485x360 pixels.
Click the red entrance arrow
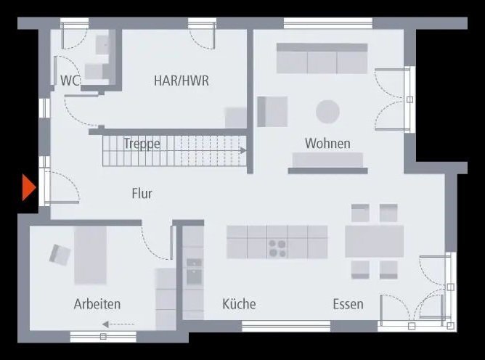tap(28, 188)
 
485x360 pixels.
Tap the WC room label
tap(70, 80)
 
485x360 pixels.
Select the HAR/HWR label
tap(181, 81)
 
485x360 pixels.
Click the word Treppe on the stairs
tap(142, 144)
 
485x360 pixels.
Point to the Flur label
tap(142, 193)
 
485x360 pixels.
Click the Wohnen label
tap(327, 144)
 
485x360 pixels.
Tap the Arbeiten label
tap(97, 304)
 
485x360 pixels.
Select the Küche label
tap(239, 304)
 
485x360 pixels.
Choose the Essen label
tap(348, 304)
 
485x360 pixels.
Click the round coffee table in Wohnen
tap(327, 112)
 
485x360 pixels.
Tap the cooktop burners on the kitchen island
tap(277, 247)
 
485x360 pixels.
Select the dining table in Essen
tap(374, 242)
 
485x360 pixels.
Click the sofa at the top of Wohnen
tap(322, 59)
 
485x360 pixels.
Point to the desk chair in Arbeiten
tap(60, 253)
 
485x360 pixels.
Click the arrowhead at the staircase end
tap(243, 150)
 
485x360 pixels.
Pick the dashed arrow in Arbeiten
tap(118, 324)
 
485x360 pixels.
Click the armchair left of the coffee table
tap(272, 112)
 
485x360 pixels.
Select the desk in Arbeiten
tap(91, 255)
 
